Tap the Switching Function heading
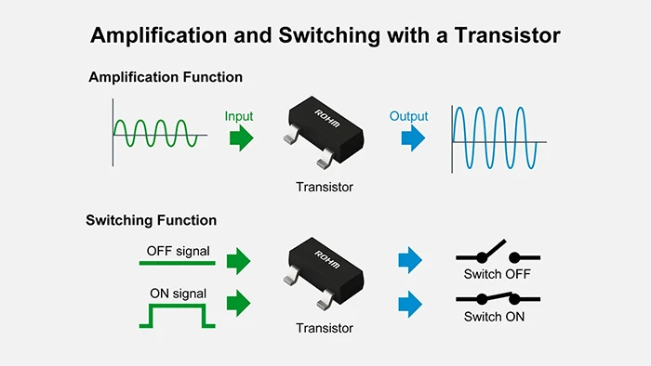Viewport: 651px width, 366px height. point(151,220)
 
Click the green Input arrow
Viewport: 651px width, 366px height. point(240,138)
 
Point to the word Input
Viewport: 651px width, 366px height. point(239,116)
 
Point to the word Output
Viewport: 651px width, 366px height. point(409,116)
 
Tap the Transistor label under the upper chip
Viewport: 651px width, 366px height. point(325,187)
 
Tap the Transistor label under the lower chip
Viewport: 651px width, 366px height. point(325,328)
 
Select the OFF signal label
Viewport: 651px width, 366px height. point(178,251)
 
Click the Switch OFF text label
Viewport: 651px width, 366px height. point(496,275)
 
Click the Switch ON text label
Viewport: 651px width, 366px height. point(495,317)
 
